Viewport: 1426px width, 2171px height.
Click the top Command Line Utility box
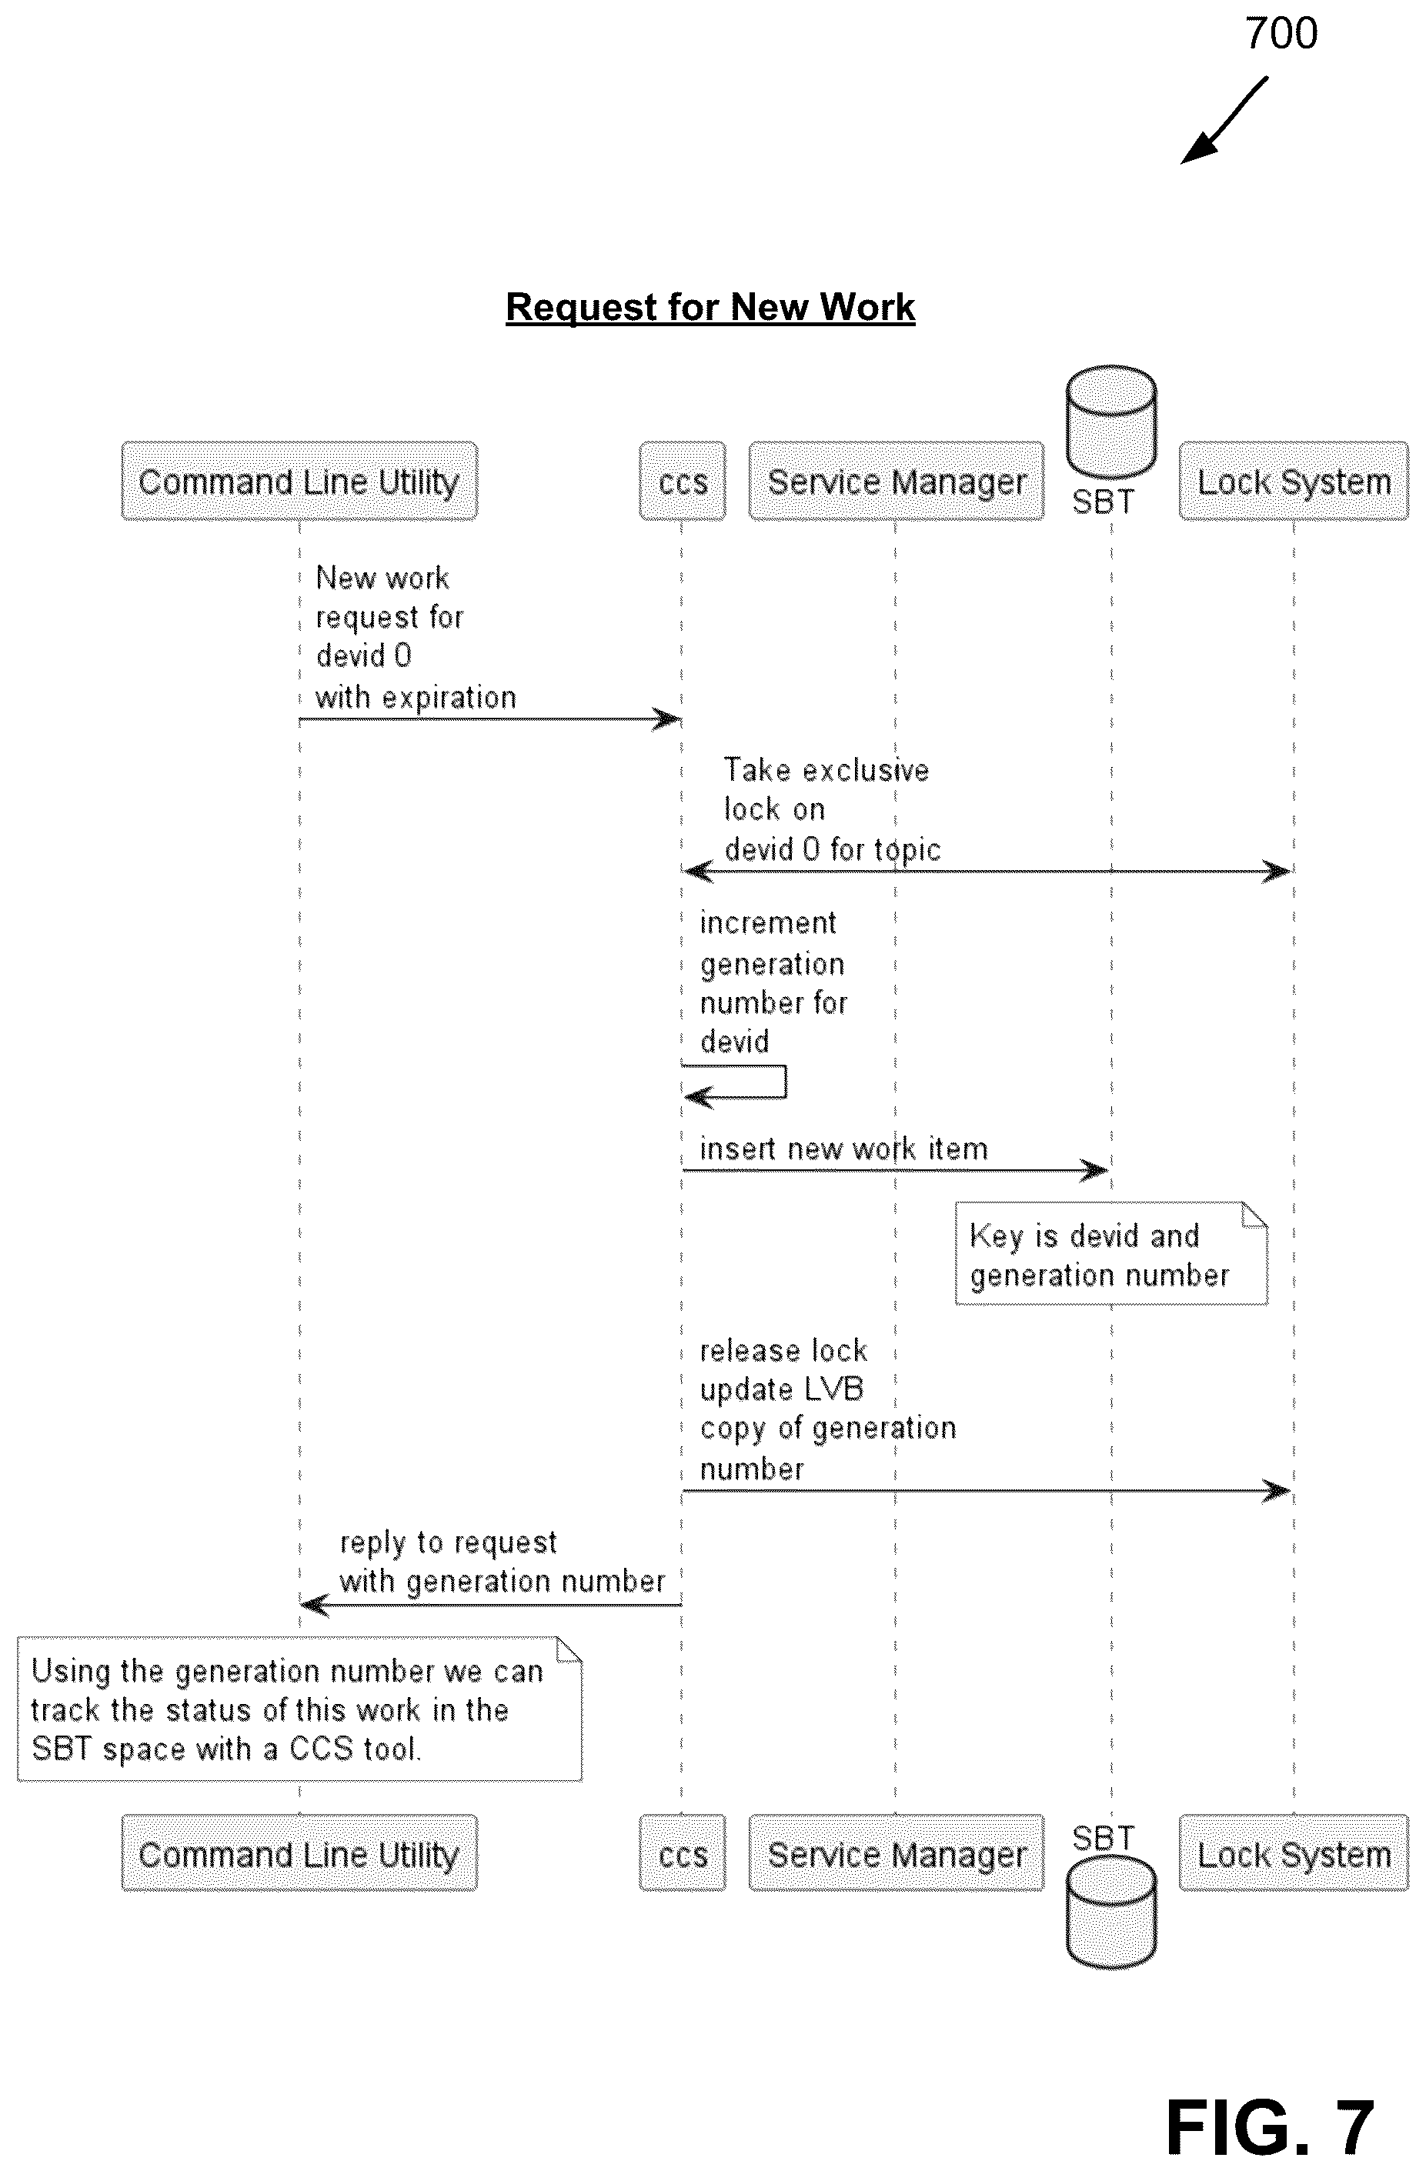pyautogui.click(x=299, y=481)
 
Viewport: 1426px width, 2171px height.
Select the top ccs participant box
pyautogui.click(x=683, y=481)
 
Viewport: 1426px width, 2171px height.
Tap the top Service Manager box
pyautogui.click(x=896, y=481)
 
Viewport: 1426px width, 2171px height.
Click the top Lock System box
pyautogui.click(x=1294, y=481)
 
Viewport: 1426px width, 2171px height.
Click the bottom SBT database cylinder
pyautogui.click(x=1111, y=1910)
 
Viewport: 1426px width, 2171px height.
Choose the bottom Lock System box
pyautogui.click(x=1294, y=1853)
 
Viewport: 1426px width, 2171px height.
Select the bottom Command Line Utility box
pyautogui.click(x=299, y=1853)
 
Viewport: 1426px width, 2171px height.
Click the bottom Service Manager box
pyautogui.click(x=896, y=1853)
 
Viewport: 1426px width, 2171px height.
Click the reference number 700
pyautogui.click(x=1281, y=34)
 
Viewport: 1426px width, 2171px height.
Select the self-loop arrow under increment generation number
pyautogui.click(x=785, y=1081)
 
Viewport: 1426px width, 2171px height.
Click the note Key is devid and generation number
pyautogui.click(x=1111, y=1253)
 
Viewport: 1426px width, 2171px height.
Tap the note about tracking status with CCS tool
pyautogui.click(x=299, y=1709)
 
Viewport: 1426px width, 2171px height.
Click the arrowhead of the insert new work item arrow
pyautogui.click(x=1100, y=1170)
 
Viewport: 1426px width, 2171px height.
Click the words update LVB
pyautogui.click(x=782, y=1389)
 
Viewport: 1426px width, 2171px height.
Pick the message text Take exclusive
pyautogui.click(x=827, y=770)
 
